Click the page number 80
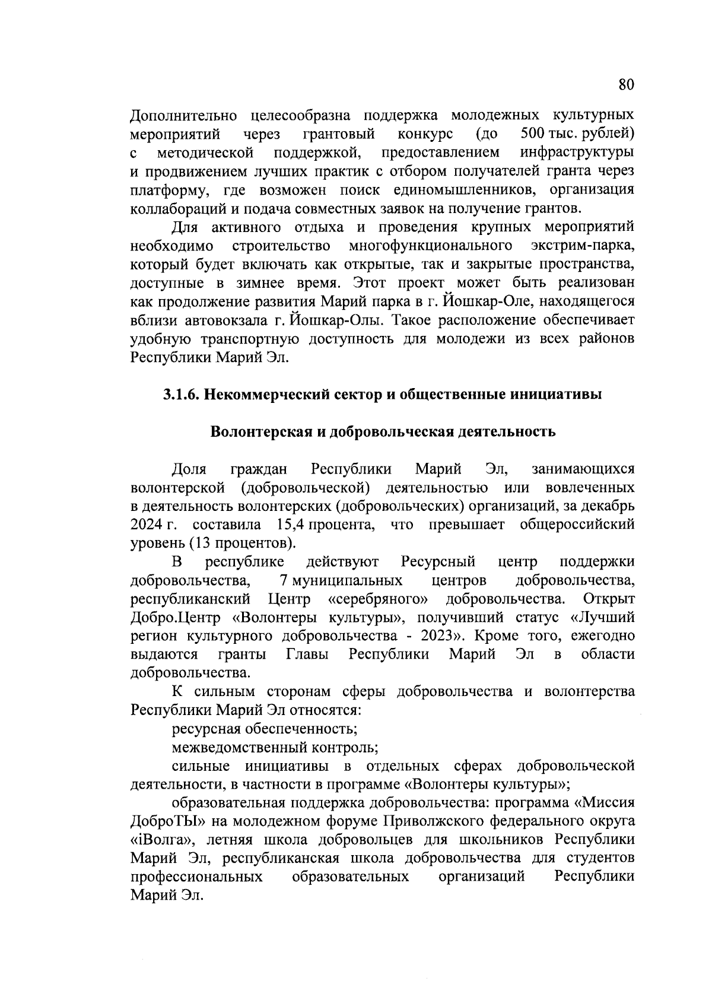[x=626, y=84]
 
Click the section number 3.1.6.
[x=182, y=395]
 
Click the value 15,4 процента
[x=325, y=525]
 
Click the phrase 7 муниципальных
[x=340, y=580]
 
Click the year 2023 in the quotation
[x=437, y=636]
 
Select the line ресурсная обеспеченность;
[x=264, y=729]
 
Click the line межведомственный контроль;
[x=275, y=747]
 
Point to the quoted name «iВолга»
[x=159, y=840]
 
